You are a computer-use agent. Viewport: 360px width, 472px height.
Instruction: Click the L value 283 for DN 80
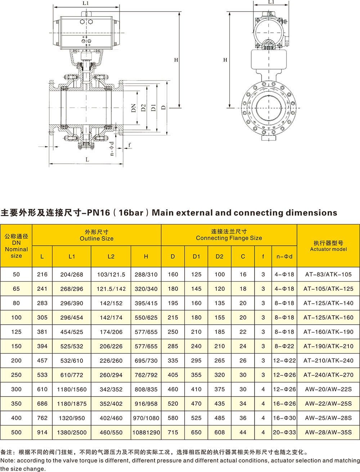42,303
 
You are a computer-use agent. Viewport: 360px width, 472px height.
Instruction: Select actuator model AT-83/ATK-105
328,274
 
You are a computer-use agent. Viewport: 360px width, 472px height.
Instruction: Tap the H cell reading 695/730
146,360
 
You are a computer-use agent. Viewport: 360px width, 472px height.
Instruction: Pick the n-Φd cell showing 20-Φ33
284,432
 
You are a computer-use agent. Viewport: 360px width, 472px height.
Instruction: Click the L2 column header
111,257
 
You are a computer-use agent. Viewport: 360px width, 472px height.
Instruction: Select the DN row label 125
16,331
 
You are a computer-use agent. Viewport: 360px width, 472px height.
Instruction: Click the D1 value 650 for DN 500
196,432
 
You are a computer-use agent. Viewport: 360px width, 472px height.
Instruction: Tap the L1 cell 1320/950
72,418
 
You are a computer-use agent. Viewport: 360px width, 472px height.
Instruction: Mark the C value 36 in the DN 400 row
243,418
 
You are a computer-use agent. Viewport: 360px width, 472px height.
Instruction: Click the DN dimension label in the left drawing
134,108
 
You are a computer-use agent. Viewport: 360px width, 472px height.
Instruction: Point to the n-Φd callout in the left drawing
112,149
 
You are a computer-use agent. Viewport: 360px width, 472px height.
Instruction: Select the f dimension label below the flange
130,145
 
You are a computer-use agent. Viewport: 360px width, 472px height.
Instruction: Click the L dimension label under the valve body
87,159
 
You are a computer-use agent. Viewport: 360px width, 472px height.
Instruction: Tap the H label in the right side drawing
225,60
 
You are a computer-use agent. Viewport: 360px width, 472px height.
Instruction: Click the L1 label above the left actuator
86,3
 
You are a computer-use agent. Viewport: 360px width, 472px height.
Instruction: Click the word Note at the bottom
7,460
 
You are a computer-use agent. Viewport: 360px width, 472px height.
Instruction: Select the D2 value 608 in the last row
220,432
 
